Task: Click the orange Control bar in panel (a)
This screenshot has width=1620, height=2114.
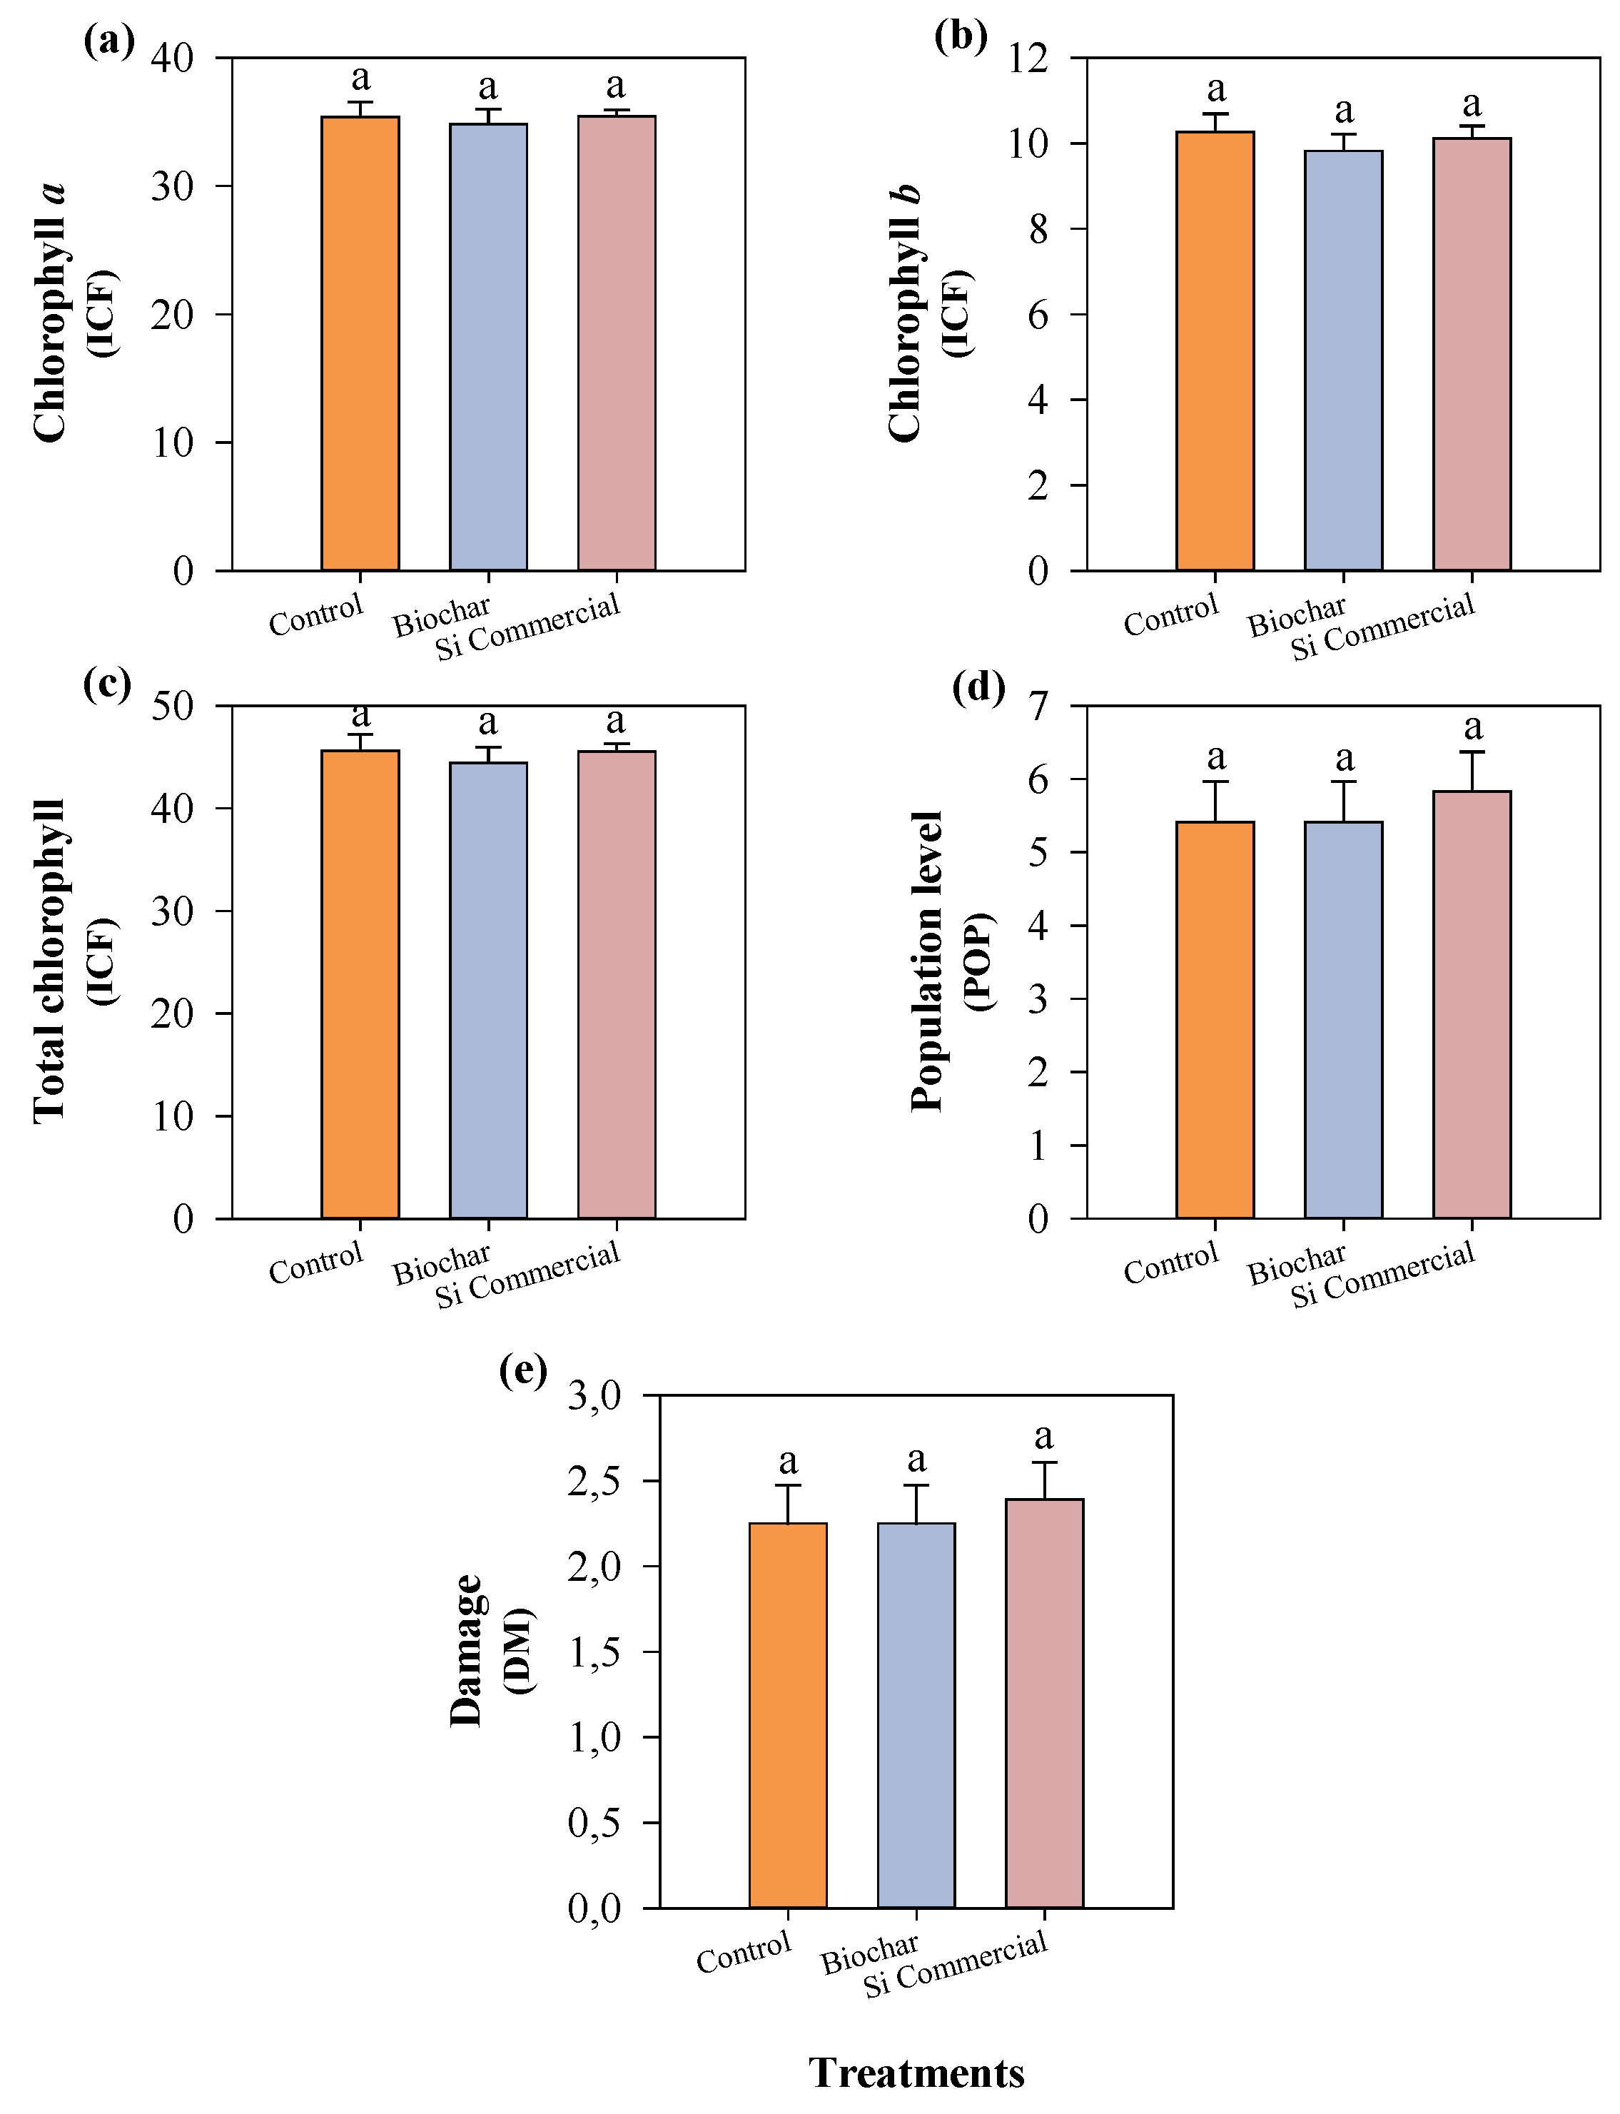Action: (x=360, y=343)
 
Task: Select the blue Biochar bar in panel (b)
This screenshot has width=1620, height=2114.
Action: (x=1343, y=360)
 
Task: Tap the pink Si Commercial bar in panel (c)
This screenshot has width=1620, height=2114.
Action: (x=616, y=983)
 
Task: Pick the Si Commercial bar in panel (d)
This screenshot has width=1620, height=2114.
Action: (x=1472, y=1004)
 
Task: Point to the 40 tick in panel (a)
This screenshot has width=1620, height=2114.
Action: (x=173, y=58)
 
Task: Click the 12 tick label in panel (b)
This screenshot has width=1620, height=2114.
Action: (x=1029, y=58)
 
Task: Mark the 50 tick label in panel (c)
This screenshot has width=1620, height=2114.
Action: (x=173, y=706)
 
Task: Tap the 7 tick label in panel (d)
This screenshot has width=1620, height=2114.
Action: (x=1038, y=706)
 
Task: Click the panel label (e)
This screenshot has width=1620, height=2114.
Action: (x=522, y=1370)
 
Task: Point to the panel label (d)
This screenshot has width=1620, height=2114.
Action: (x=978, y=687)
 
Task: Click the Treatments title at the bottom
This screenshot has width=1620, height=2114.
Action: (x=916, y=2073)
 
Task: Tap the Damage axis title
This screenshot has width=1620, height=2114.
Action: (x=467, y=1651)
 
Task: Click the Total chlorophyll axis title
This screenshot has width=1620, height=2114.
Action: (x=50, y=961)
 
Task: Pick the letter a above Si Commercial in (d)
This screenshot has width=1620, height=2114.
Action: (x=1472, y=727)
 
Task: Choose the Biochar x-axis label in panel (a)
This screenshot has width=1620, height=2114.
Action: (x=442, y=615)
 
